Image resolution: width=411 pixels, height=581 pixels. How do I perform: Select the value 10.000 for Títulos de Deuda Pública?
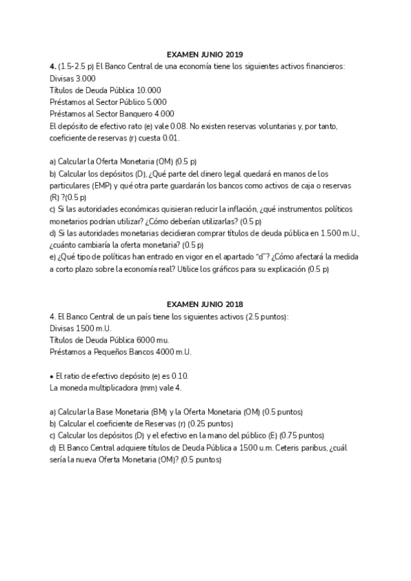(149, 90)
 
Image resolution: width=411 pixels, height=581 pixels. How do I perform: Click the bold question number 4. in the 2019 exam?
(53, 66)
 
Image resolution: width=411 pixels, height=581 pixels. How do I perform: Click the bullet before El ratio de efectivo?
(51, 376)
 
